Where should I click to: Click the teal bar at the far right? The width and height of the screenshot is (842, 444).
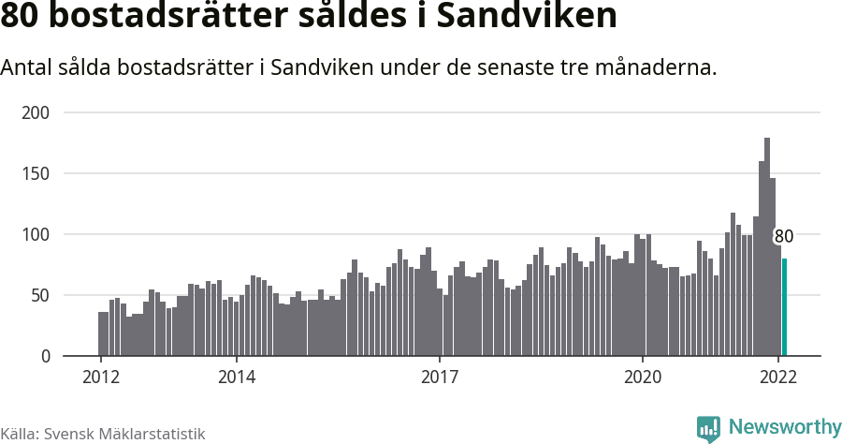click(x=784, y=307)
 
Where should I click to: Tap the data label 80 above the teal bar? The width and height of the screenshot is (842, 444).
click(x=784, y=236)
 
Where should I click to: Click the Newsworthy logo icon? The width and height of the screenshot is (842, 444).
click(x=708, y=429)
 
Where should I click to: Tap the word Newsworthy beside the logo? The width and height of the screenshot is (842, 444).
click(x=784, y=427)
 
